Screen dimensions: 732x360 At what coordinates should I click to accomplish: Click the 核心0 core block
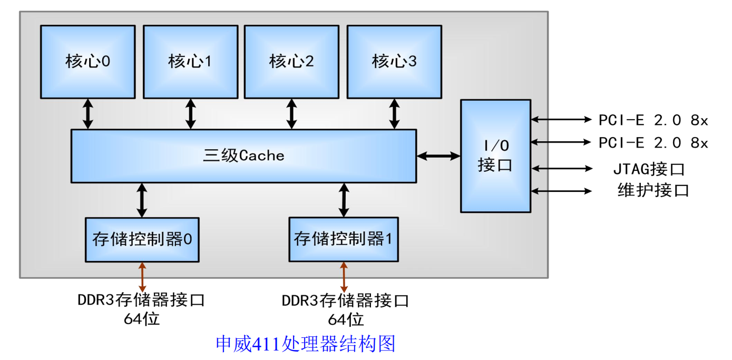click(x=88, y=62)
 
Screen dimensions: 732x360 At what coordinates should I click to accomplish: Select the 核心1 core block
click(x=191, y=62)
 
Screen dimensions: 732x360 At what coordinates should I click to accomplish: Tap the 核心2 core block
click(x=291, y=62)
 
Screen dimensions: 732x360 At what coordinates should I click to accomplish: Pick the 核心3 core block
click(x=394, y=62)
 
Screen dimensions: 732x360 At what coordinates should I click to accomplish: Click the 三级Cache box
click(x=244, y=156)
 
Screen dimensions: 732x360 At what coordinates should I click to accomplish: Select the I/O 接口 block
click(x=496, y=156)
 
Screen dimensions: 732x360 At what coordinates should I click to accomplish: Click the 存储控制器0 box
click(x=142, y=240)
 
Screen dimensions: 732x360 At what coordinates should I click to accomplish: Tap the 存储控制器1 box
click(x=344, y=239)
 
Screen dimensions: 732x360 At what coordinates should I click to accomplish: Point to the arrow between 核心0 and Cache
click(x=88, y=114)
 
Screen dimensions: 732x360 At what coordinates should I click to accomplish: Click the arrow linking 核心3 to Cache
click(x=394, y=114)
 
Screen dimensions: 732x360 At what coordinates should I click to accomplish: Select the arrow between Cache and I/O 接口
click(x=438, y=156)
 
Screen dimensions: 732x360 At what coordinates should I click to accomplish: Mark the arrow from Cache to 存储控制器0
click(x=141, y=200)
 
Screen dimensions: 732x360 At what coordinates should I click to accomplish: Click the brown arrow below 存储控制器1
click(x=344, y=277)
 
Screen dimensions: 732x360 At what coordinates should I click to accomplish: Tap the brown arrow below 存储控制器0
click(x=142, y=277)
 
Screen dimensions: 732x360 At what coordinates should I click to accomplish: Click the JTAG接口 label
click(x=649, y=169)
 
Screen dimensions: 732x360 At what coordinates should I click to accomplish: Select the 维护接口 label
click(x=653, y=190)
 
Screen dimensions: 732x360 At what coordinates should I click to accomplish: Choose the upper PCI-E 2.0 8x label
click(x=653, y=120)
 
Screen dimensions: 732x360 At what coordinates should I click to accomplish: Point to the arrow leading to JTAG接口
click(x=562, y=168)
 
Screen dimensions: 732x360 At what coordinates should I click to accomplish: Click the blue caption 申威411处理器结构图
click(x=306, y=344)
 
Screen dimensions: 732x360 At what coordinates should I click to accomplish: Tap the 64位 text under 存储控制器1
click(x=346, y=319)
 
